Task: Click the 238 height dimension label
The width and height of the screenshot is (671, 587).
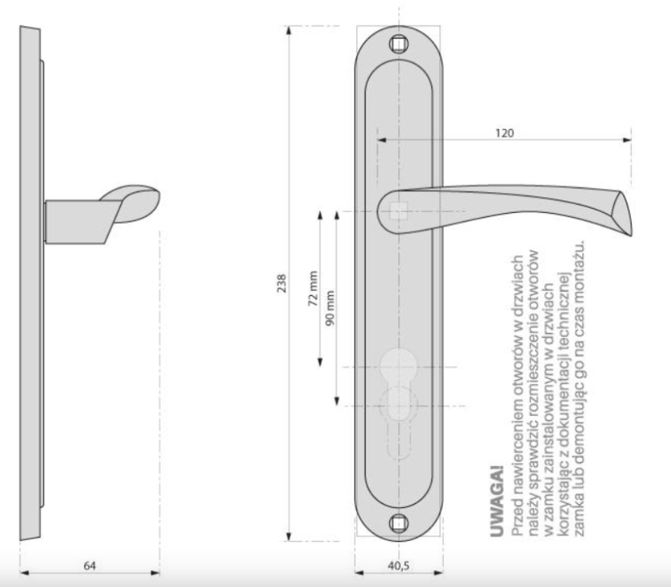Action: (x=282, y=283)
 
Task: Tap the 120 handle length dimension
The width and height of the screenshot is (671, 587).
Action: (x=505, y=133)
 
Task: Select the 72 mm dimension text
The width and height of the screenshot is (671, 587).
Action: (x=313, y=288)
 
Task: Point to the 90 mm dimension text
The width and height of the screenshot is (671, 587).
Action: (x=330, y=308)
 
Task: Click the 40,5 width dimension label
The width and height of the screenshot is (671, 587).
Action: (x=398, y=565)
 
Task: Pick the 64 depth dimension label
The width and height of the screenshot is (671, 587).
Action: (x=90, y=565)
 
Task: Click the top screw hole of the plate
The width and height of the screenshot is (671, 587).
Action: (x=399, y=44)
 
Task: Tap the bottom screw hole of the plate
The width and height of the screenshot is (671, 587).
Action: (x=399, y=523)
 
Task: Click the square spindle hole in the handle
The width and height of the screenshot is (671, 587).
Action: (x=399, y=211)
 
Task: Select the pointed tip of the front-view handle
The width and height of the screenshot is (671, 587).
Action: (x=631, y=235)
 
